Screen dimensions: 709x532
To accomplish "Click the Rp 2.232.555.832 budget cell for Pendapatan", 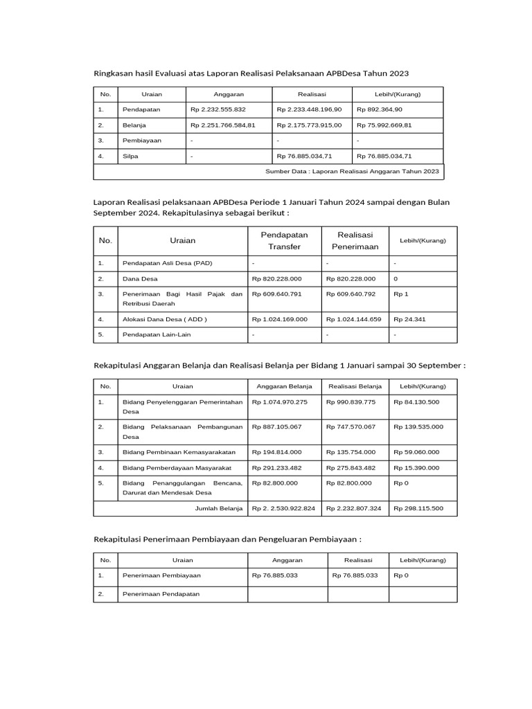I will pyautogui.click(x=218, y=109).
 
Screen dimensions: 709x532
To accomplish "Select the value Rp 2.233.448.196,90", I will pyautogui.click(x=309, y=109).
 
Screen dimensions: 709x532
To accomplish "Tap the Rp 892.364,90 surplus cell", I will pyautogui.click(x=380, y=109).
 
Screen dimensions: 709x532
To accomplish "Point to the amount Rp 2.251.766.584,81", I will pyautogui.click(x=223, y=125).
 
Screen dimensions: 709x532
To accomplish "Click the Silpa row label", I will pyautogui.click(x=130, y=156).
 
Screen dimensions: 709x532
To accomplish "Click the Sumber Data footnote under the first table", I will pyautogui.click(x=352, y=171).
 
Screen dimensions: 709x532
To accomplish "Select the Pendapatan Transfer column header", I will pyautogui.click(x=284, y=240).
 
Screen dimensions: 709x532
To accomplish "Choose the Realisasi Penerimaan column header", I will pyautogui.click(x=355, y=240).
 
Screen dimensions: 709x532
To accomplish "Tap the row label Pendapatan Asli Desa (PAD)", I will pyautogui.click(x=167, y=263).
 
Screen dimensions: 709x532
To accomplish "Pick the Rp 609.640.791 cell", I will pyautogui.click(x=277, y=294).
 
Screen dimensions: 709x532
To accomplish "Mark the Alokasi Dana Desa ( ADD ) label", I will pyautogui.click(x=164, y=319).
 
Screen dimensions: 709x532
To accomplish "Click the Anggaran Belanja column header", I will pyautogui.click(x=284, y=386).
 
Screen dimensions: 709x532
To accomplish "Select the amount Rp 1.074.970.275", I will pyautogui.click(x=280, y=402).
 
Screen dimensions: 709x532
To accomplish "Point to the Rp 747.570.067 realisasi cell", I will pyautogui.click(x=353, y=427).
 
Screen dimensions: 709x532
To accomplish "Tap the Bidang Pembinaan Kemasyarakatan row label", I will pyautogui.click(x=179, y=452).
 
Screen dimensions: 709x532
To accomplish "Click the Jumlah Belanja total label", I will pyautogui.click(x=219, y=508).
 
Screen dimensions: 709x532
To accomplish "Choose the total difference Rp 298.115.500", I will pyautogui.click(x=418, y=508).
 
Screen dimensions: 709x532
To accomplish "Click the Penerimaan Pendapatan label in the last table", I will pyautogui.click(x=161, y=594).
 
